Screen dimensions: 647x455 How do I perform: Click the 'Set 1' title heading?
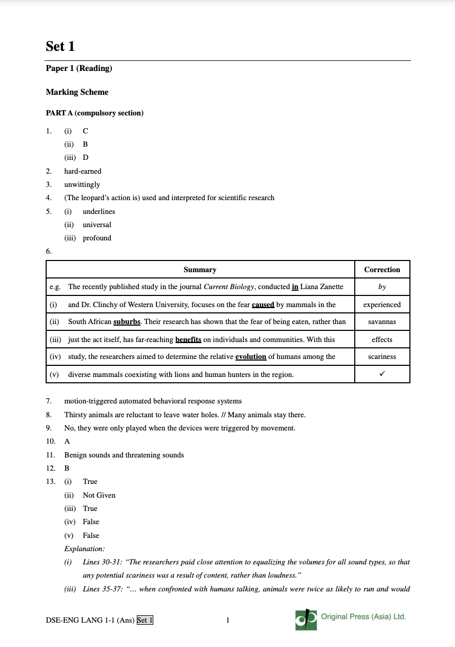pos(60,47)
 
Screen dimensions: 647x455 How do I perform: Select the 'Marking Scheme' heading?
pos(77,92)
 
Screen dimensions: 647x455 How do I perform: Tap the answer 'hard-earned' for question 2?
pos(83,171)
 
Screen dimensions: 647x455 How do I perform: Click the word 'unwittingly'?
pos(82,184)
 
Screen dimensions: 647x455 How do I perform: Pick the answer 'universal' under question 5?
pos(97,224)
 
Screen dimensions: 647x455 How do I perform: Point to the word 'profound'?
pos(97,238)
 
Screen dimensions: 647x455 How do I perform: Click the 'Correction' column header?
pos(382,269)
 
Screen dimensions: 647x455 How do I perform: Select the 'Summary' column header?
pos(200,269)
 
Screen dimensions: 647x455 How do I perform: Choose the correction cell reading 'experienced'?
pos(382,304)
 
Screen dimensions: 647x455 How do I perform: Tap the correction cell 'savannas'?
pos(382,321)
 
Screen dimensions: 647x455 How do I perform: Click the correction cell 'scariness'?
pos(382,356)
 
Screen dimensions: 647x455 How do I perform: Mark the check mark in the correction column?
pos(382,374)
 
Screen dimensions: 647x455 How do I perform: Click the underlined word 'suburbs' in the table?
pos(127,321)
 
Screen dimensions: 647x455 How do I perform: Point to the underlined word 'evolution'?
pos(251,356)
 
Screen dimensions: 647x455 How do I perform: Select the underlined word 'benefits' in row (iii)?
pos(188,339)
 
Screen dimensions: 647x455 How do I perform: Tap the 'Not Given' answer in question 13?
pos(99,495)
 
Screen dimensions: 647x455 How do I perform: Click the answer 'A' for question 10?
pos(67,441)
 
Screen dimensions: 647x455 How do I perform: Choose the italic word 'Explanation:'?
pos(84,549)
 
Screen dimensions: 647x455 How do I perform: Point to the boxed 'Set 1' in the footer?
pos(145,620)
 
